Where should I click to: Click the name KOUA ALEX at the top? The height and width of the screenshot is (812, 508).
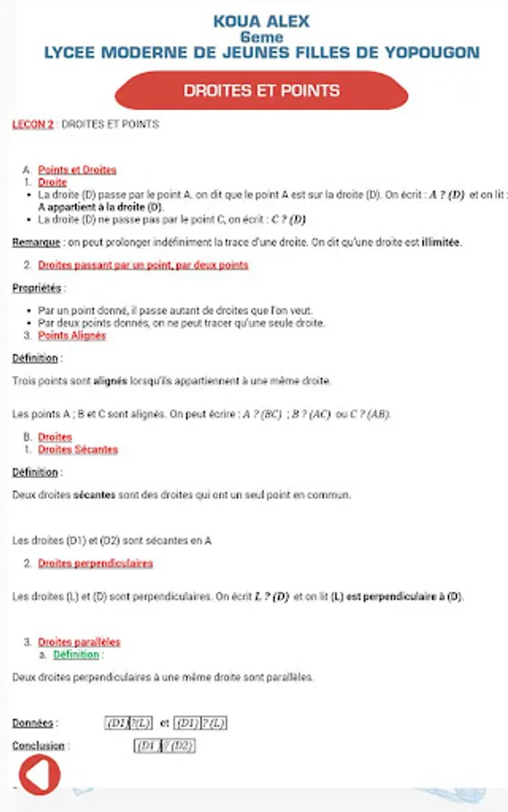coord(262,22)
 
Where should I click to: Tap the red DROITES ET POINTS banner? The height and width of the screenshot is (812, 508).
coord(262,90)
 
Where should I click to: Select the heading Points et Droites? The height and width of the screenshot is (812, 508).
coord(77,170)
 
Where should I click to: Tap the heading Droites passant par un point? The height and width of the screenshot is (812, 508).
coord(143,265)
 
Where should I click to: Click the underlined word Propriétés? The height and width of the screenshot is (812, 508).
coord(37,288)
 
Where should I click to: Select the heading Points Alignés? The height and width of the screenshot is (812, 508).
coord(71,336)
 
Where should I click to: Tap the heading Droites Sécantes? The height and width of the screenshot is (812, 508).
coord(78,449)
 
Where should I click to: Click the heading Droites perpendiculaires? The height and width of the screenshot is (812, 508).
coord(95,563)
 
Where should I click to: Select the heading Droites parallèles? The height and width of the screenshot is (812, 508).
coord(79,642)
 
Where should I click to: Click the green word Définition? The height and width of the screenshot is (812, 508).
coord(76,654)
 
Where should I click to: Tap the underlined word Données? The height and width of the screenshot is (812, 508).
coord(34,724)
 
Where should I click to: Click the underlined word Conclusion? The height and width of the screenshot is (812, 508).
coord(38,746)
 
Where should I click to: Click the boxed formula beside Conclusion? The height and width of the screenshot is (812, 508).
coord(164,746)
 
